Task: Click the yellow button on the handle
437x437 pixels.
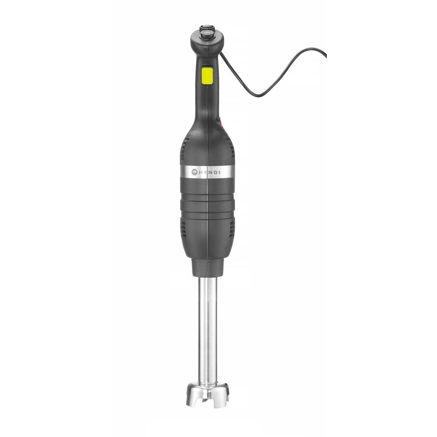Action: tap(207, 75)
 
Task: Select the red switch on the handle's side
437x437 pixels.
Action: tap(222, 124)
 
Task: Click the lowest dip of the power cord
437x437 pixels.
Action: tap(259, 95)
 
